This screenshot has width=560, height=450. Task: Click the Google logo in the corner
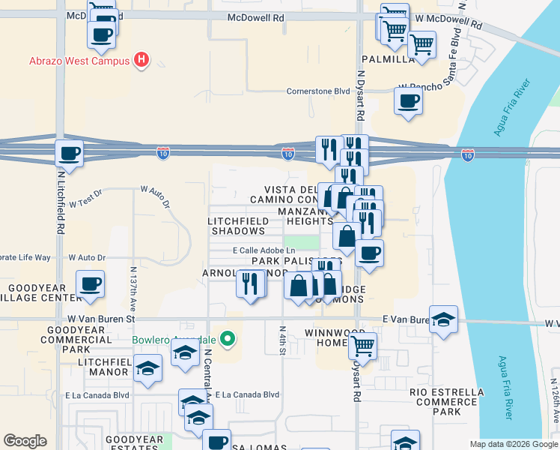tap(25, 441)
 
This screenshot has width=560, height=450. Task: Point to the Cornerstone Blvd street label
tap(318, 91)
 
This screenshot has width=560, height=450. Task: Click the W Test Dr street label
tap(85, 202)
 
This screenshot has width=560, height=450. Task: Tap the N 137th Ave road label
tap(133, 284)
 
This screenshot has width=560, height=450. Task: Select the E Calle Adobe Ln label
tap(264, 250)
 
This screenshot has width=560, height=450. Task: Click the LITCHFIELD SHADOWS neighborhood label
tap(238, 226)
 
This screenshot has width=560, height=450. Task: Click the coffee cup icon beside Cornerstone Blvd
tap(409, 100)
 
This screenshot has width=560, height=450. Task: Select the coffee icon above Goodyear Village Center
tap(90, 284)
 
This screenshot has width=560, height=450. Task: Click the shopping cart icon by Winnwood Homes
tap(362, 346)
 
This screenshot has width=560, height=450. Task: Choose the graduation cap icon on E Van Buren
tap(443, 318)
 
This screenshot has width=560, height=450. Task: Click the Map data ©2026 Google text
tap(514, 444)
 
